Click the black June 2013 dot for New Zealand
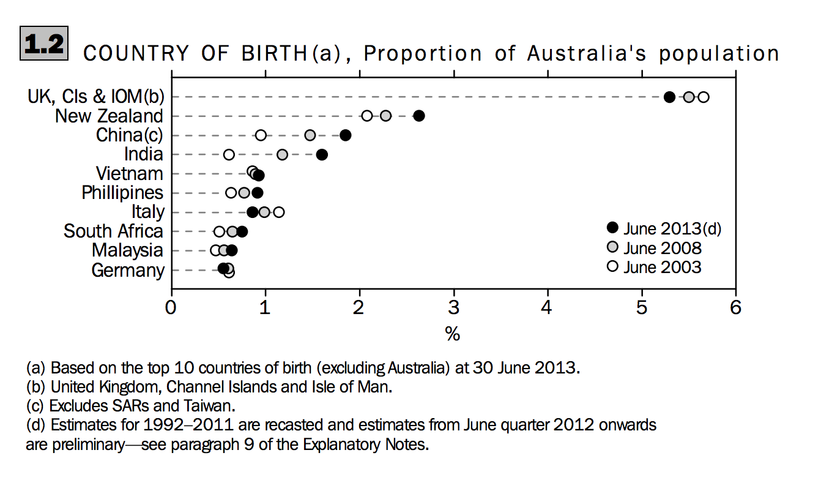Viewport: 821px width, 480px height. [418, 116]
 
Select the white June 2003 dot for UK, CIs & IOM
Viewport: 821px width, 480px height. [704, 97]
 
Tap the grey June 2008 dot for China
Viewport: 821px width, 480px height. [310, 135]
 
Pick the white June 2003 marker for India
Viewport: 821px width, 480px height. [229, 154]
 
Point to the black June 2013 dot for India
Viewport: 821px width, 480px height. [322, 154]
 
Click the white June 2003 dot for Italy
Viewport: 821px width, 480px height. [278, 212]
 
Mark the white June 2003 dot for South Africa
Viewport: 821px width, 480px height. [219, 231]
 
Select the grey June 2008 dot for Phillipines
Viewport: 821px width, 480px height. [244, 193]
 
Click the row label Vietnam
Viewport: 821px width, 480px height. [130, 173]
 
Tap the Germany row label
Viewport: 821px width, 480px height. [128, 270]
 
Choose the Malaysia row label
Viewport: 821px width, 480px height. [128, 250]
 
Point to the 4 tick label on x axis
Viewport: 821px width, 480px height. [548, 307]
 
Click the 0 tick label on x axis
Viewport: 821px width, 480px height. [171, 307]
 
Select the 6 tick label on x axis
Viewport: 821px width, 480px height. [735, 307]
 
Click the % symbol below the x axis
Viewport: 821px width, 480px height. [453, 334]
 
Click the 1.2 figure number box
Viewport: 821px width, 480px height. [44, 43]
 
